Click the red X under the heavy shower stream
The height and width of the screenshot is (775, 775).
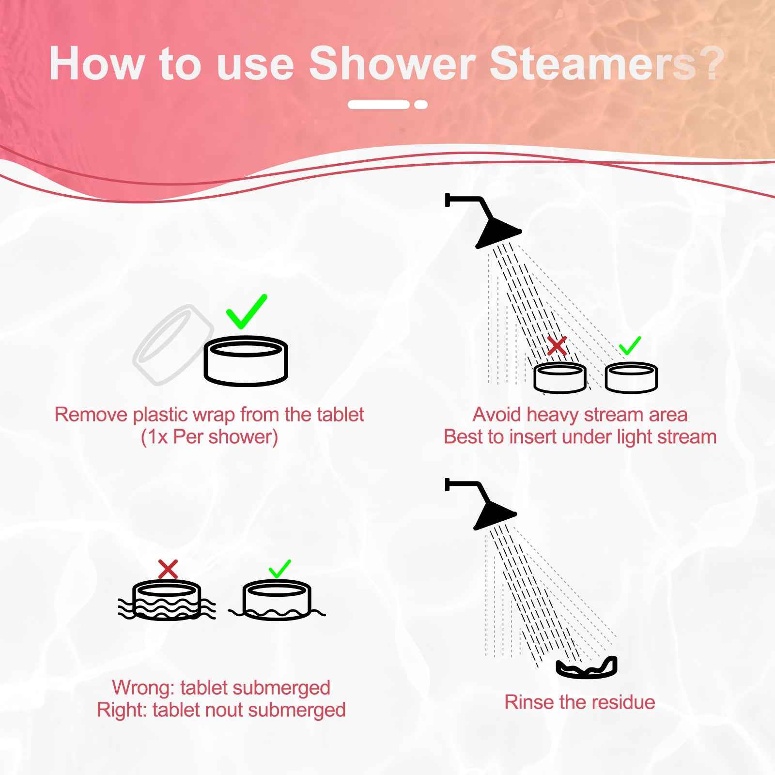[x=557, y=346]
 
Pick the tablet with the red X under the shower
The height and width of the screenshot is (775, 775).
[x=559, y=378]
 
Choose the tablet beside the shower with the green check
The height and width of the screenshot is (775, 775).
[x=631, y=378]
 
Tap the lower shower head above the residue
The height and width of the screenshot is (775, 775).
[x=495, y=514]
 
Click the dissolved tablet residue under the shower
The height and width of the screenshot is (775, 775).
[x=587, y=668]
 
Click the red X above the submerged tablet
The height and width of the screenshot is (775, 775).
[x=168, y=569]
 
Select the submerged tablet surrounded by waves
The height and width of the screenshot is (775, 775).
[x=166, y=601]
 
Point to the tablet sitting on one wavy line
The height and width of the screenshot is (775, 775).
[x=277, y=601]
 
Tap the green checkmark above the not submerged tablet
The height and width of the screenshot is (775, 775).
[x=279, y=569]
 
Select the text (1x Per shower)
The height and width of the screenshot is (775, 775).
[x=209, y=437]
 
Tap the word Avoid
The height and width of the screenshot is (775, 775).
[x=497, y=415]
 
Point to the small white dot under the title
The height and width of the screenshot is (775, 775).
[x=421, y=105]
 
